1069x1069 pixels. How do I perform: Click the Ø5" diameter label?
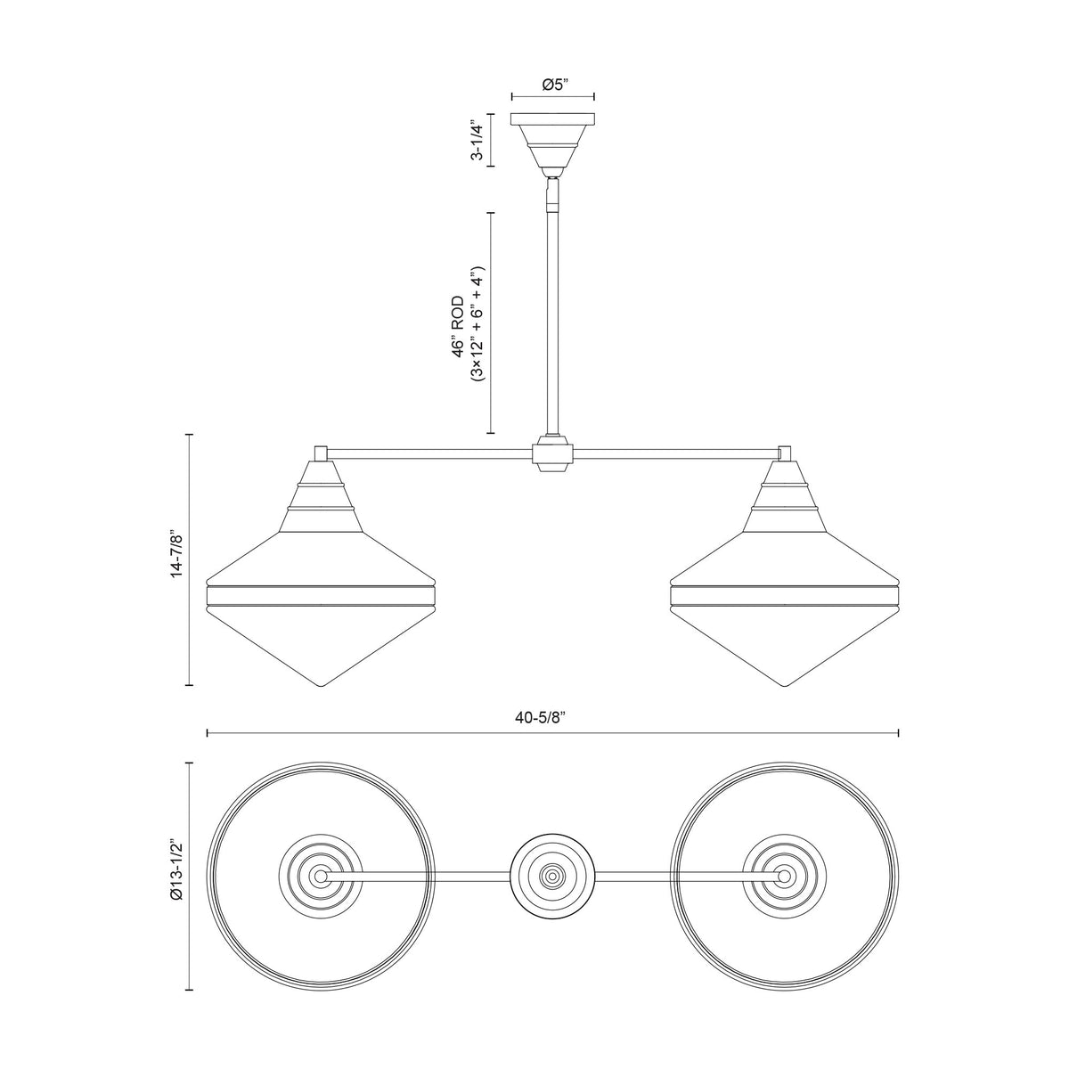point(552,85)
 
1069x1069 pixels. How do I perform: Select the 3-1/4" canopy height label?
point(477,140)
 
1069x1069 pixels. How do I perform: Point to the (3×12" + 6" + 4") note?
point(477,322)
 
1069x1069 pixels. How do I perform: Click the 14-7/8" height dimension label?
point(177,556)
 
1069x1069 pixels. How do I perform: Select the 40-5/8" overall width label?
point(541,717)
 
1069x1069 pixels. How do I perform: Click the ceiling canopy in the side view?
point(552,141)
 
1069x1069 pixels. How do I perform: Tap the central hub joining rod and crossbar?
point(552,453)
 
